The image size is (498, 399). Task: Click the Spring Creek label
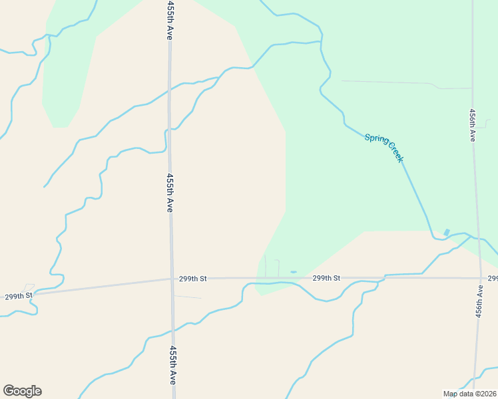tap(383, 148)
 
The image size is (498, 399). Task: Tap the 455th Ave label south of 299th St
tap(172, 365)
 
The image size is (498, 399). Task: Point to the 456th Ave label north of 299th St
tap(472, 125)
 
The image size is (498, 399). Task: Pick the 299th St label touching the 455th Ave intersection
tap(193, 279)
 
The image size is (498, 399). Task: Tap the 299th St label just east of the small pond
tap(326, 278)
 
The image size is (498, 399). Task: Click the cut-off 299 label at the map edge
tap(493, 278)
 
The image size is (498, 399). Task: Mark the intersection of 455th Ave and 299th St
tap(172, 279)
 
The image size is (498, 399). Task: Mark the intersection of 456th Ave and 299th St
tap(480, 278)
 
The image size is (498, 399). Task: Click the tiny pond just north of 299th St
tap(294, 272)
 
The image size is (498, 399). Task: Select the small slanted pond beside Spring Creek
tap(447, 232)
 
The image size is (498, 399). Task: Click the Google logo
tap(22, 391)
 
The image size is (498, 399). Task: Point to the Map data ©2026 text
tap(470, 394)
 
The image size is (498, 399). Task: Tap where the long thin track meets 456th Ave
tap(472, 88)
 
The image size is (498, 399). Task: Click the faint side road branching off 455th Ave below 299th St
tap(187, 297)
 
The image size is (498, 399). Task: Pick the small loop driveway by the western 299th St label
tap(29, 286)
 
